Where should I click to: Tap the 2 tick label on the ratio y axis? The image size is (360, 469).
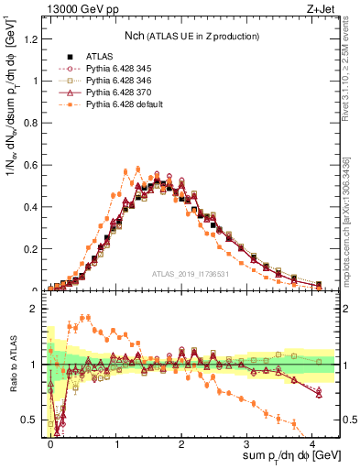tap(38, 309)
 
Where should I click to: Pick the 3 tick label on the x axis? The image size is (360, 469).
tap(247, 441)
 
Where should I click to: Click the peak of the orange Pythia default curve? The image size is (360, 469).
tap(137, 169)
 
